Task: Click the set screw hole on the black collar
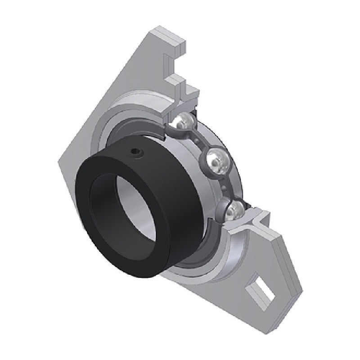pos(136,154)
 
